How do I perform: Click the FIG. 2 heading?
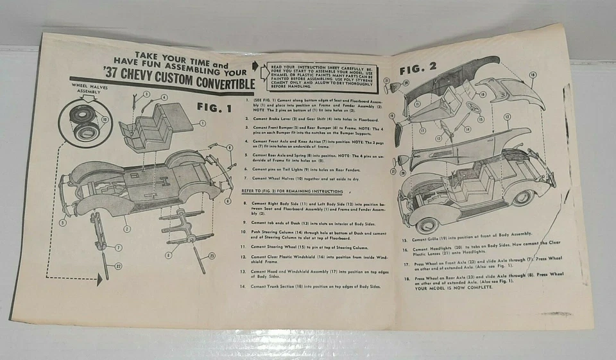click(418, 69)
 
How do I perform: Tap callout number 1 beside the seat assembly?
click(203, 123)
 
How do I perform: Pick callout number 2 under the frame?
click(127, 228)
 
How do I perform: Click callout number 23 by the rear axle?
click(212, 256)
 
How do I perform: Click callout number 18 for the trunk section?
click(532, 75)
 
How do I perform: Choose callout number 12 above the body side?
click(507, 117)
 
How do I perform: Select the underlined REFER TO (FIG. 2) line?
click(292, 191)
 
